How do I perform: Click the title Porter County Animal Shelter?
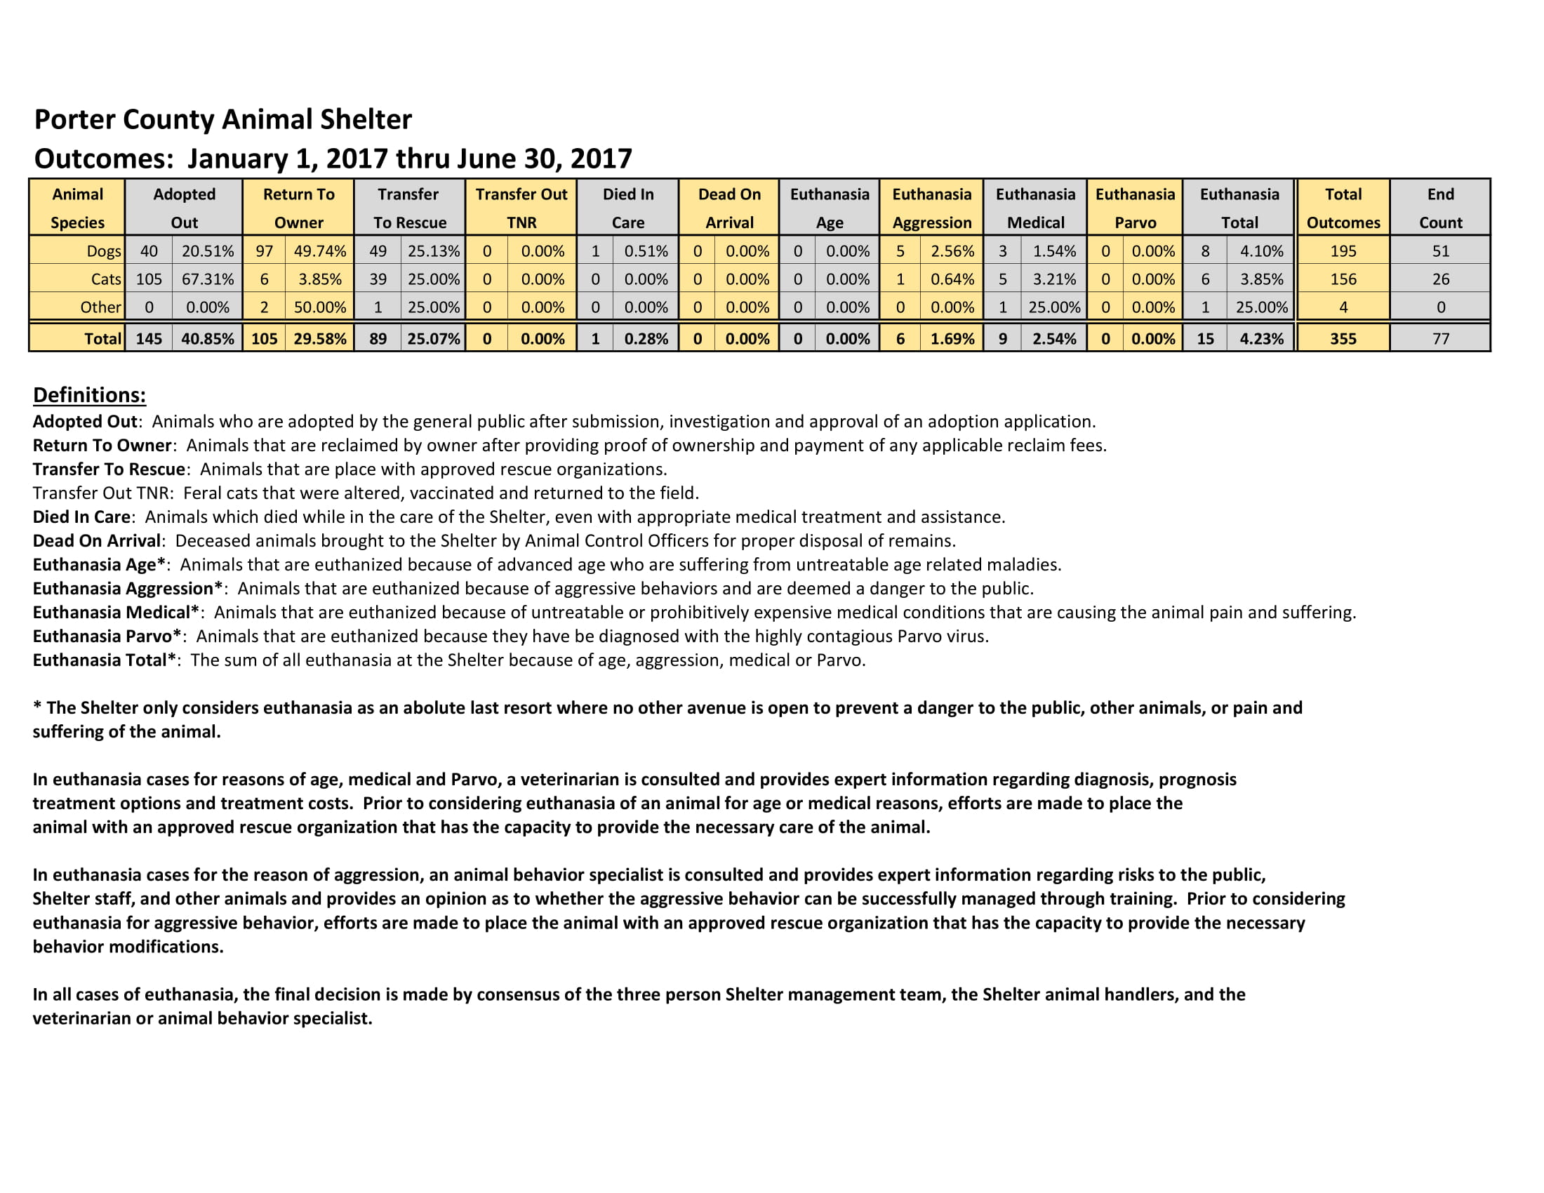point(222,119)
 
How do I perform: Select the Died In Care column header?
point(628,207)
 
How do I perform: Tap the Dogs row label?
point(103,251)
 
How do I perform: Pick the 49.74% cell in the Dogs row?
point(319,251)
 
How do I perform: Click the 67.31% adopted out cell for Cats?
point(207,279)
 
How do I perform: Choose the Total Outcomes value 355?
point(1343,338)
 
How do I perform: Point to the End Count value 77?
point(1440,338)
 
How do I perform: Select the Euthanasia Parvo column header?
point(1135,207)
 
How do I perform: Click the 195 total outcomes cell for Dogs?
point(1343,251)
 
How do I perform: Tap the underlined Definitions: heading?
point(90,395)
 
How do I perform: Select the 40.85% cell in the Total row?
point(207,338)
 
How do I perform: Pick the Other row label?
point(100,307)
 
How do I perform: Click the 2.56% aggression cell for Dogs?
point(952,251)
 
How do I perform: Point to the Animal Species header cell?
point(77,207)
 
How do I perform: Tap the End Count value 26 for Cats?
point(1440,279)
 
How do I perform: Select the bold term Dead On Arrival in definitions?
point(97,540)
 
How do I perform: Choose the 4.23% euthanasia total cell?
point(1261,338)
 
